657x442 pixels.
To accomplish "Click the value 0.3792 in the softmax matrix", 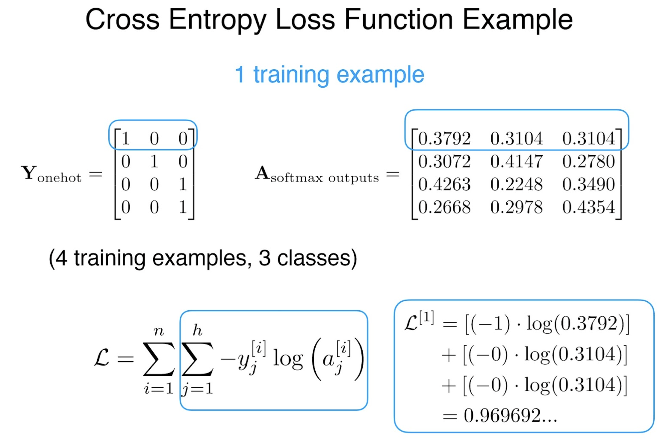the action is point(444,139).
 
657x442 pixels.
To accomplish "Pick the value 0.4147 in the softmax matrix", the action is point(516,161).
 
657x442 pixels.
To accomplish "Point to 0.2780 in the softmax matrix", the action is point(589,161).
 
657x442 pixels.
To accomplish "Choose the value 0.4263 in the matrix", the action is point(444,184).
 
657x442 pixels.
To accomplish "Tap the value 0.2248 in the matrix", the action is point(516,184).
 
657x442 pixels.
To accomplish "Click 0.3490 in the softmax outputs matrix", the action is point(589,184).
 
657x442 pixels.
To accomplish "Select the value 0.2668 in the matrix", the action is point(444,207).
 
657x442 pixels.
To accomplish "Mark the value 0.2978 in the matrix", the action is point(516,207).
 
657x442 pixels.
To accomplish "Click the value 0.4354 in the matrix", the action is point(589,207).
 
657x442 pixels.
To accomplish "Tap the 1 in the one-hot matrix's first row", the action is point(126,139).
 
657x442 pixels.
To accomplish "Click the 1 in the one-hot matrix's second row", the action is point(154,161).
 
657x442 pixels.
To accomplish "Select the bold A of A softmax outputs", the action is point(262,173).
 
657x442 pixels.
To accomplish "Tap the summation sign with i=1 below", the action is point(159,359).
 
